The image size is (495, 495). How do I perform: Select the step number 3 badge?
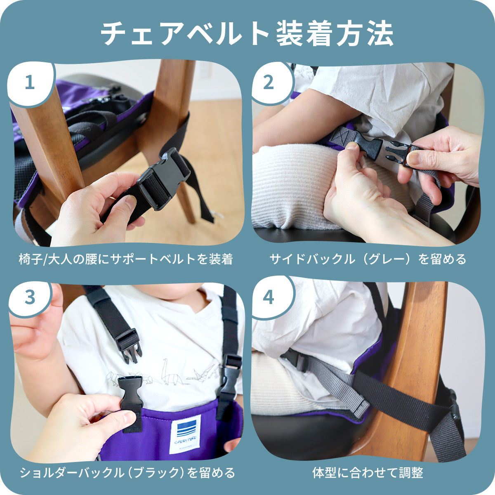[x=30, y=298]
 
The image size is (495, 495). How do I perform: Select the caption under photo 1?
[x=126, y=259]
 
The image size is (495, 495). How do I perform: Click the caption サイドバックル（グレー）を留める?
[x=368, y=259]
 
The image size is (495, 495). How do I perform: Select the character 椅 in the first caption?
[x=25, y=259]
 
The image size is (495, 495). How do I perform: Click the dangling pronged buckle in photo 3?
[x=128, y=346]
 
